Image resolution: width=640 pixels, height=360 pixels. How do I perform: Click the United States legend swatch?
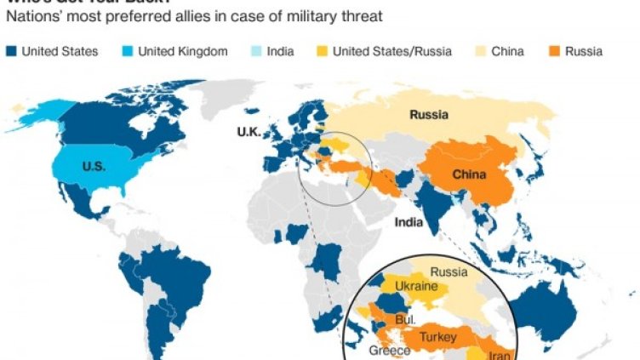coord(10,52)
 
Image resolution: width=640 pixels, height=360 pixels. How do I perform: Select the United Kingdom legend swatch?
coord(126,52)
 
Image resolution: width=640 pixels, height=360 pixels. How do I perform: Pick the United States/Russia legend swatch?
coord(322,52)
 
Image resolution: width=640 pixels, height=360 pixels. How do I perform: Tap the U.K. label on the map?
coord(252,132)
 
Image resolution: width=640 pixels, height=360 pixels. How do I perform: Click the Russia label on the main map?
coord(429,116)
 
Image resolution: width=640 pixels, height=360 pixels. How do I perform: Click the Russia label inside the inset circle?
coord(449,271)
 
